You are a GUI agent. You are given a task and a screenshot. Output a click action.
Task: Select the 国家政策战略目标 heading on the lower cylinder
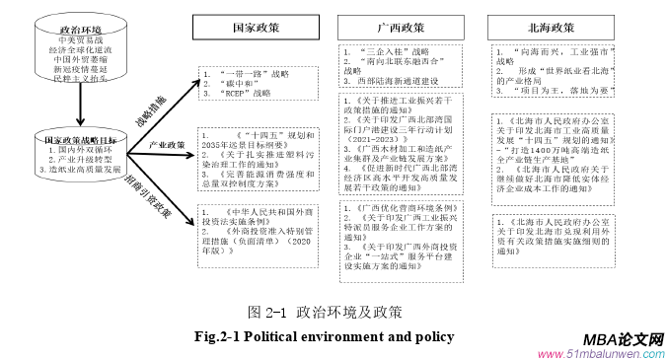click(67, 140)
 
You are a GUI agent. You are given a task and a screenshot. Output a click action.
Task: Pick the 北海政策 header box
click(544, 27)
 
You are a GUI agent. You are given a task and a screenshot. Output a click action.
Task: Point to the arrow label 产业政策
click(167, 145)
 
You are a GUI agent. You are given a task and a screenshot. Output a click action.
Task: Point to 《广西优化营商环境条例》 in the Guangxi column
click(400, 208)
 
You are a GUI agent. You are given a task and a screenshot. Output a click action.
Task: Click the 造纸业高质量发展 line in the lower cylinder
click(69, 171)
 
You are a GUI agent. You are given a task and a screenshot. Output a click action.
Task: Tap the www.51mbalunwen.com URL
click(601, 353)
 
